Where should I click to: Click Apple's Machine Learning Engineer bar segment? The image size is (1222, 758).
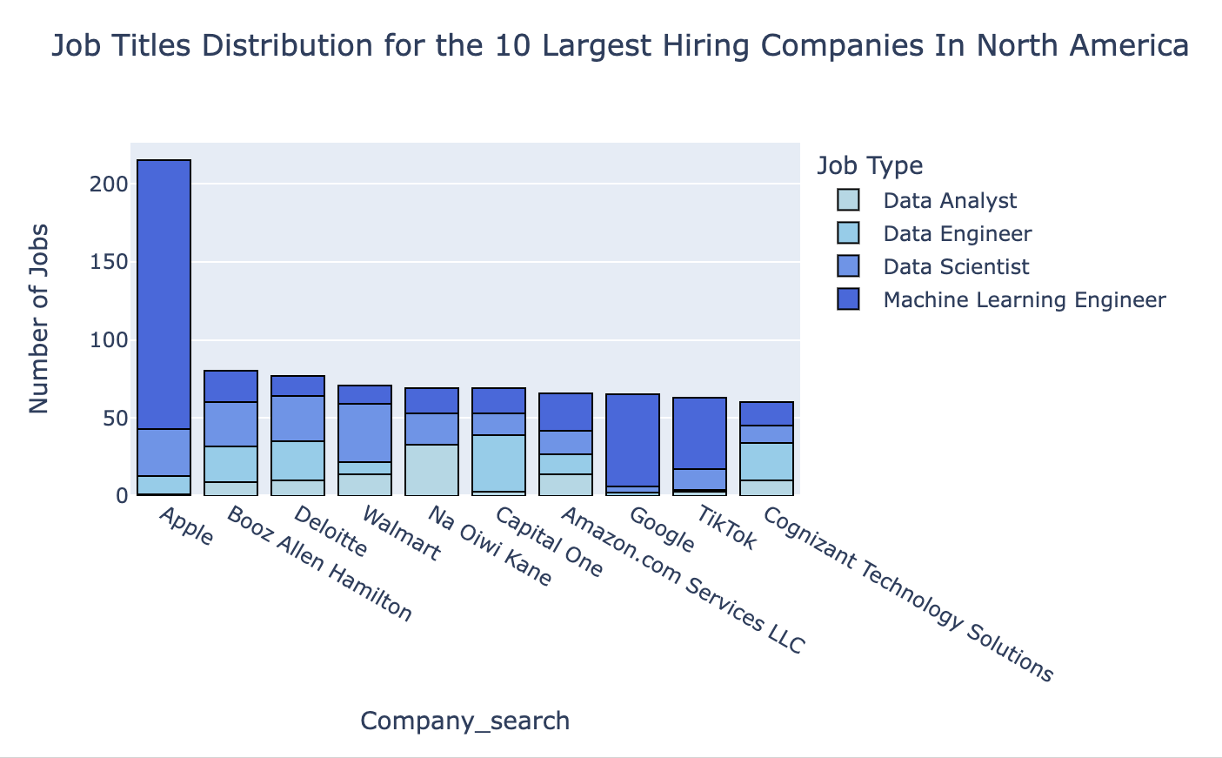(164, 294)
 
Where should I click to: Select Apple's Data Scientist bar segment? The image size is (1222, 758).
(164, 453)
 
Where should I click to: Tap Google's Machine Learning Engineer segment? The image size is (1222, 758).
(632, 439)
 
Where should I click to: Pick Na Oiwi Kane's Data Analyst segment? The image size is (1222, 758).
(432, 470)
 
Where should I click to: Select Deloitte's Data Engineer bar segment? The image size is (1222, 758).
(298, 460)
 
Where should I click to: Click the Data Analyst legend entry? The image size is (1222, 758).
(949, 201)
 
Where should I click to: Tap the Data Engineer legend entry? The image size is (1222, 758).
(957, 234)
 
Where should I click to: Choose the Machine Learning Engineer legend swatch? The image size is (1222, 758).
(848, 300)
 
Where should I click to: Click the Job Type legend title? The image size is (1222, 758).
(870, 165)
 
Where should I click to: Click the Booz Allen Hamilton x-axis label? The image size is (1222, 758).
(318, 564)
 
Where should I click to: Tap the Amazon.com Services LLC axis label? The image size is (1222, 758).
(682, 580)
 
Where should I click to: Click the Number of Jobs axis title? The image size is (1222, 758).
(39, 319)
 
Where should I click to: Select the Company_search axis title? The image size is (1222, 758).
(464, 721)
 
